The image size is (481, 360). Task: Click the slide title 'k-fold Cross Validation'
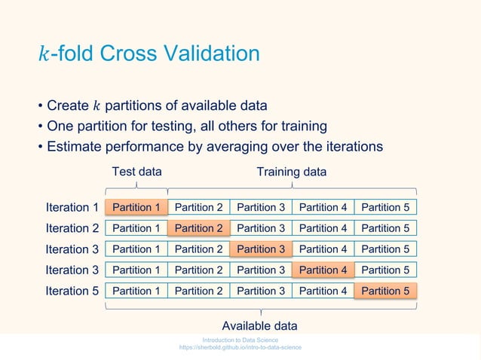[x=149, y=54]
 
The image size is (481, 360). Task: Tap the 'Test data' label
[x=136, y=172]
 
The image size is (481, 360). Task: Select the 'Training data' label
[x=292, y=172]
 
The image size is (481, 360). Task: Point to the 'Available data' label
[x=259, y=325]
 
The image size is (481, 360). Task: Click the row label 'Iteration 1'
[x=72, y=207]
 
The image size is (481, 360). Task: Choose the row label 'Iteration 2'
[x=72, y=228]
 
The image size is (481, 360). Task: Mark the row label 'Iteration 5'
[x=72, y=291]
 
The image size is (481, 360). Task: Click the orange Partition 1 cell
[x=136, y=207]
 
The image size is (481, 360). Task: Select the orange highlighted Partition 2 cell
[x=198, y=228]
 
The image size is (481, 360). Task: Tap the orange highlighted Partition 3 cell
[x=261, y=249]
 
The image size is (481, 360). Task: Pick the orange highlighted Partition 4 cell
[x=323, y=270]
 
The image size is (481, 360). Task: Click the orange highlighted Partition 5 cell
[x=385, y=291]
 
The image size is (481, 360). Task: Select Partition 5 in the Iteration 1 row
[x=385, y=207]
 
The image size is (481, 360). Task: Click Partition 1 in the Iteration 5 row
[x=136, y=291]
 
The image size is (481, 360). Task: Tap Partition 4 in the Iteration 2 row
[x=323, y=228]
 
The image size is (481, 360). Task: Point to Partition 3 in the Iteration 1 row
[x=261, y=207]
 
